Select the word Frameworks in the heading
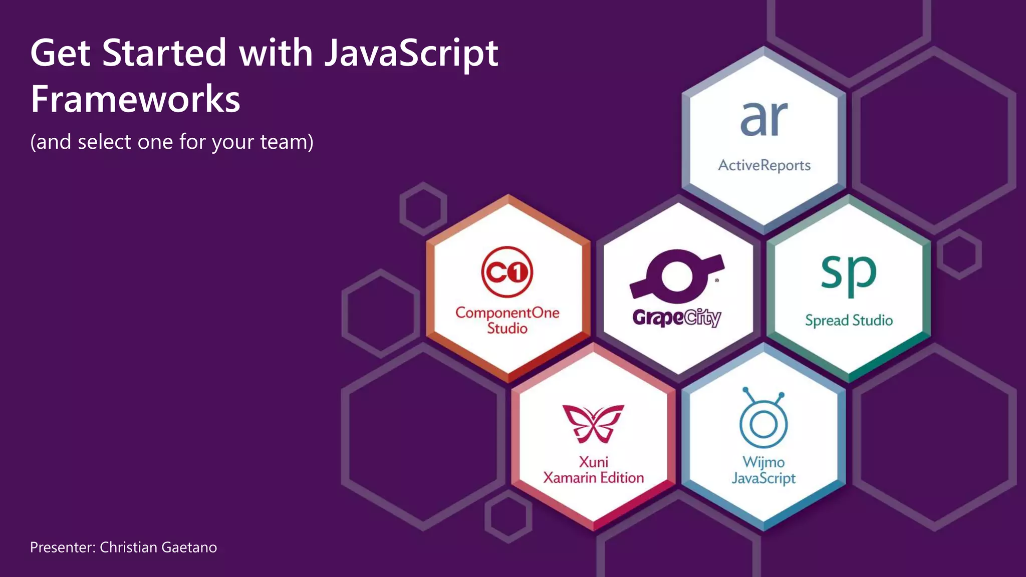pos(135,99)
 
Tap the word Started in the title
pos(164,53)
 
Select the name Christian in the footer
pos(128,547)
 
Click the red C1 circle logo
pos(507,272)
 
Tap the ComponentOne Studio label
pos(507,320)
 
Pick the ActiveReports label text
pos(764,165)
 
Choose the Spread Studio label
pos(849,320)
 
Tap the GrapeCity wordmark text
pos(676,318)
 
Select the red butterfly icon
pos(593,423)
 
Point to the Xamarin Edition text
pos(593,478)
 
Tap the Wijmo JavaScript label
pos(763,470)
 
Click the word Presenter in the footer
pos(62,547)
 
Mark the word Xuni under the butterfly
pos(593,462)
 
